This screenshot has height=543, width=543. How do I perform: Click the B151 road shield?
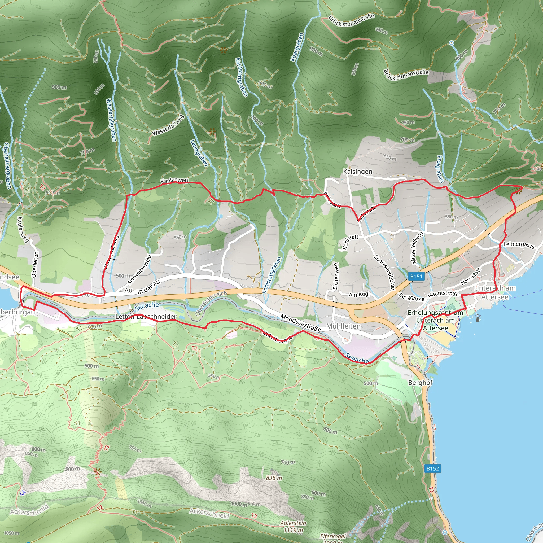click(416, 276)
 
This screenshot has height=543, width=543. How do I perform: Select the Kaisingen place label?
click(357, 172)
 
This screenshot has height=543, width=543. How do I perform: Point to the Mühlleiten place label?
click(343, 326)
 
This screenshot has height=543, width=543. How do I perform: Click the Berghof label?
click(420, 383)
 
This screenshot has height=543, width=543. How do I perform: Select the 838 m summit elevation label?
click(274, 478)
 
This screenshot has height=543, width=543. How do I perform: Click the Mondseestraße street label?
click(300, 323)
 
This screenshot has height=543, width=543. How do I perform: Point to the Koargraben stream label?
click(297, 47)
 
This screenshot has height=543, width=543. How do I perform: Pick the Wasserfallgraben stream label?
click(111, 120)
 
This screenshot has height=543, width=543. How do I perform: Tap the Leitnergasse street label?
click(519, 244)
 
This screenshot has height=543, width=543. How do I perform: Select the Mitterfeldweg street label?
click(417, 248)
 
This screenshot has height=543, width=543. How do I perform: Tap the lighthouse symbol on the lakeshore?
click(478, 318)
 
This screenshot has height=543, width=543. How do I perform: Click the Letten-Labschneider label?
click(146, 317)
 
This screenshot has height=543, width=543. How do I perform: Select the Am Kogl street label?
click(359, 294)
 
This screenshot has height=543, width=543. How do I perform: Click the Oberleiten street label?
click(35, 264)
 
